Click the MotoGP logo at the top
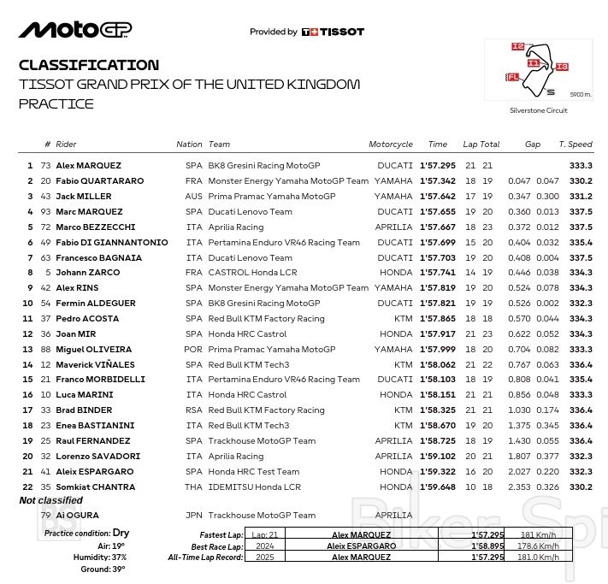[x=75, y=30]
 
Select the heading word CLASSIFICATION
[x=88, y=65]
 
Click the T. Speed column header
[x=575, y=145]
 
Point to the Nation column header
[x=189, y=145]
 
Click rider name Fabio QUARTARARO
[x=99, y=181]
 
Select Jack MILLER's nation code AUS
[x=193, y=197]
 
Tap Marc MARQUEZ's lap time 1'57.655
[x=437, y=212]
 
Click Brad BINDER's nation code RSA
[x=193, y=410]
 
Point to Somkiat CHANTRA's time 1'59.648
[x=437, y=487]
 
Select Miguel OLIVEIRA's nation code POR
[x=193, y=350]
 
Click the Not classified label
[x=50, y=501]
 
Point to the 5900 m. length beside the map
[x=580, y=93]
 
